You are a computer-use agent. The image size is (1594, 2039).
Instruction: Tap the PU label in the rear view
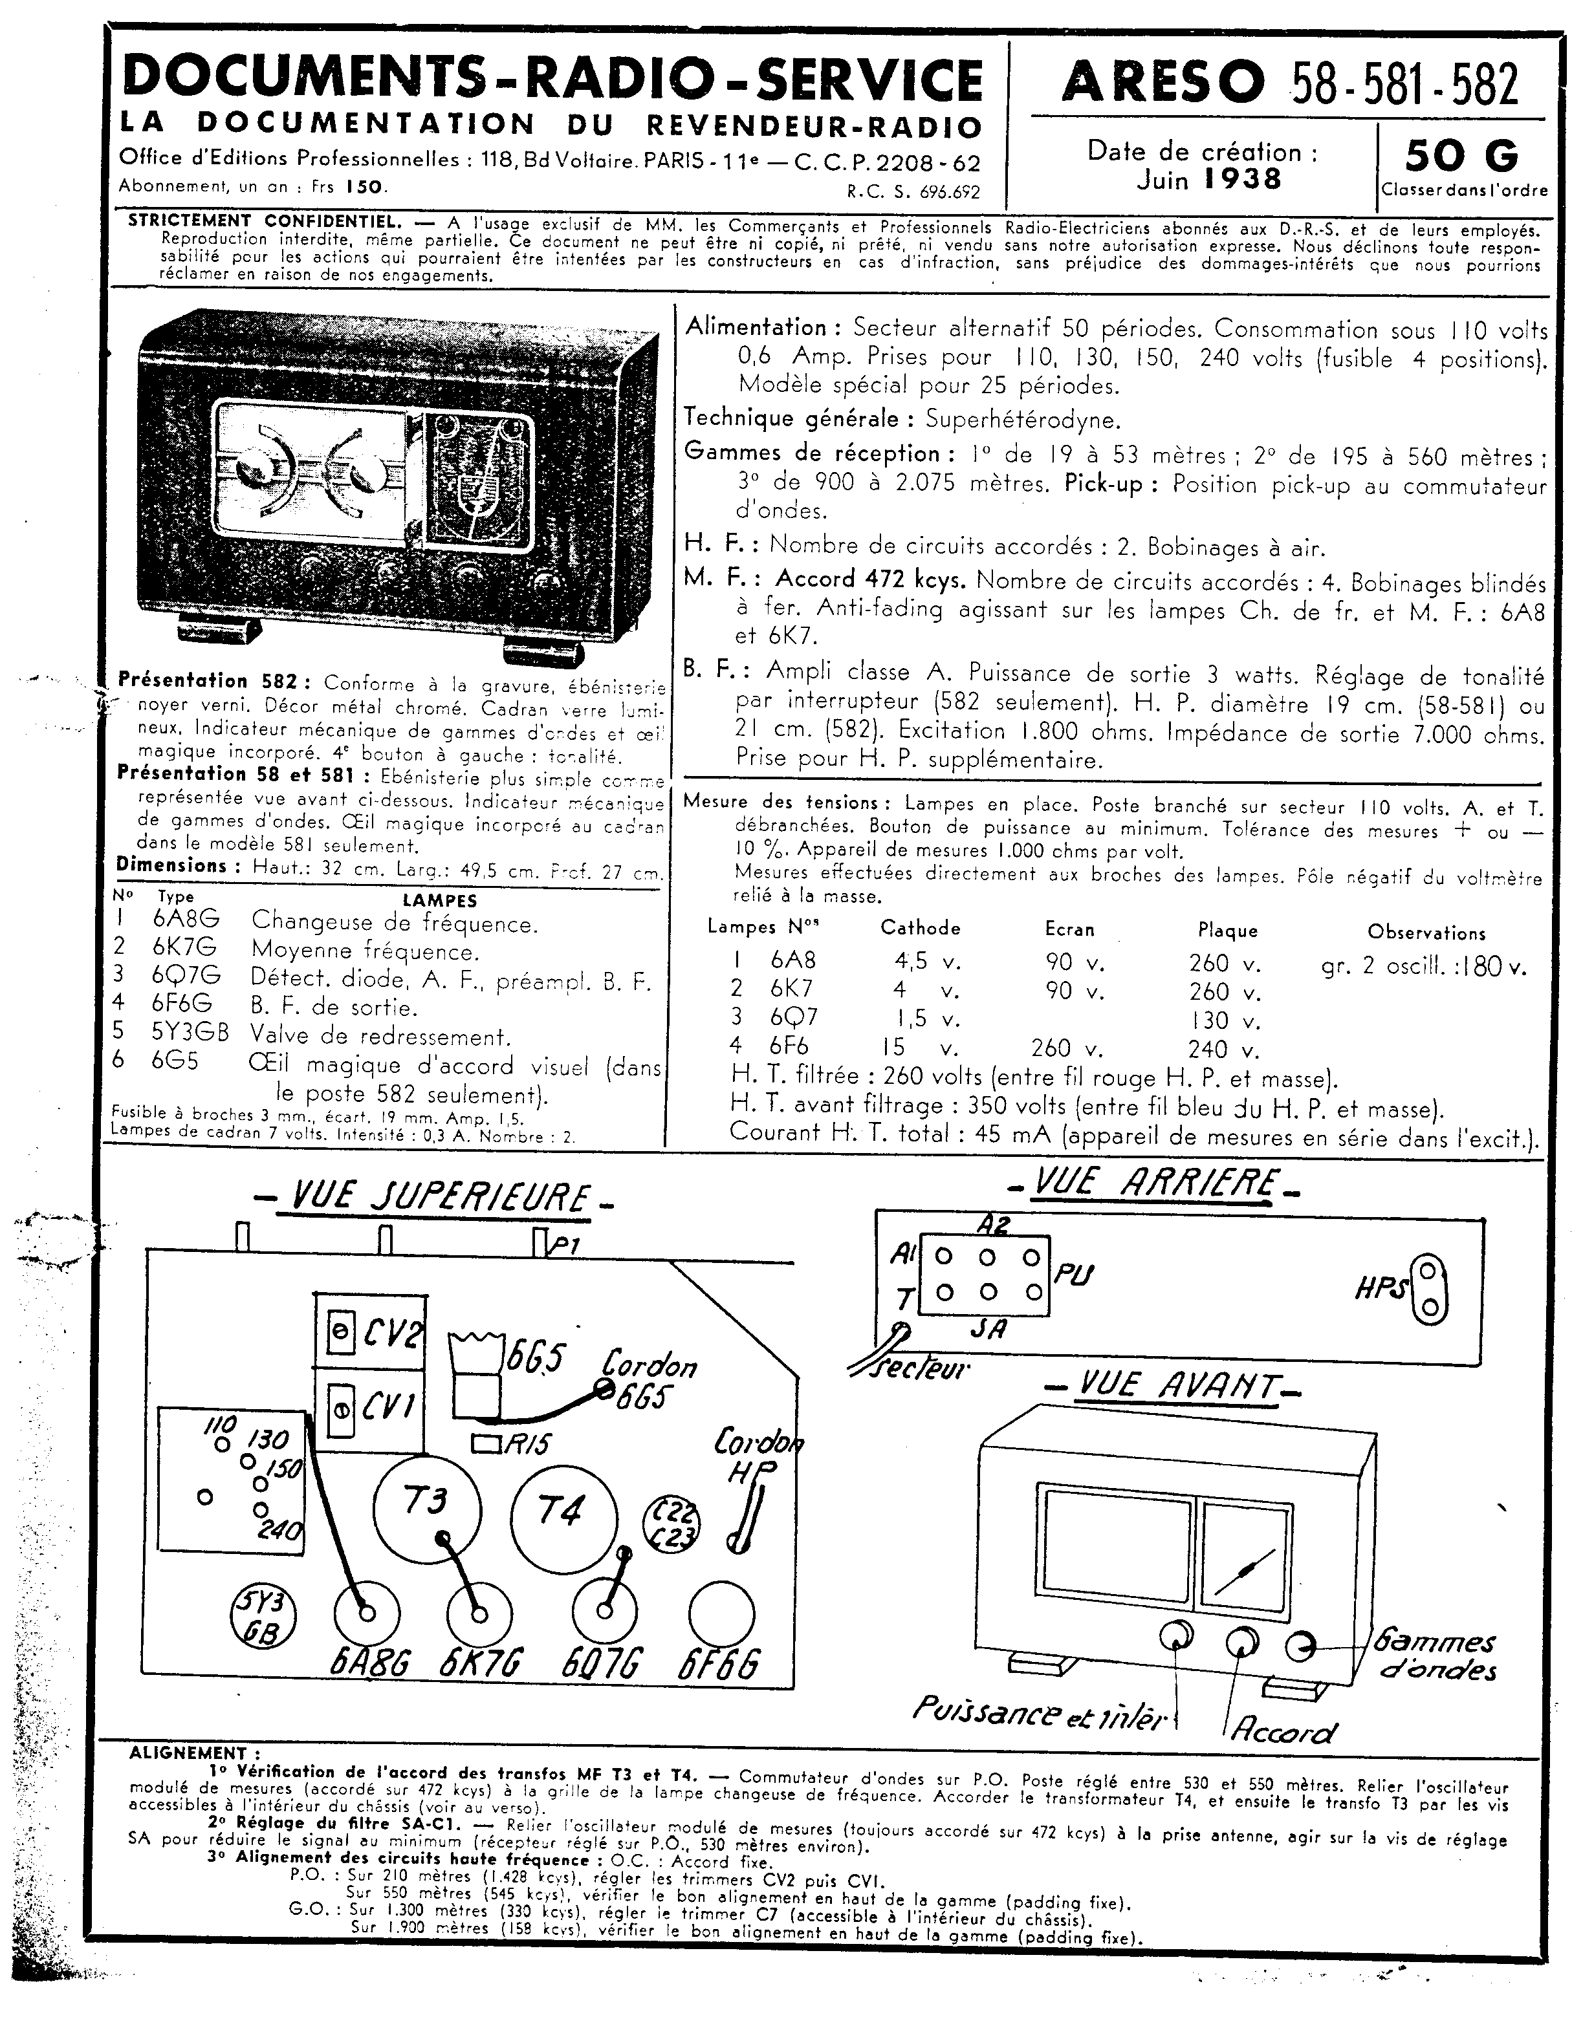click(x=1074, y=1275)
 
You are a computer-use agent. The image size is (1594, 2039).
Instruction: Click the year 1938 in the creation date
click(x=1242, y=179)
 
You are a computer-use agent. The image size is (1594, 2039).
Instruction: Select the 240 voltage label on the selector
click(x=280, y=1530)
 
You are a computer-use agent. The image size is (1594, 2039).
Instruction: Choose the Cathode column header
click(x=920, y=928)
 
